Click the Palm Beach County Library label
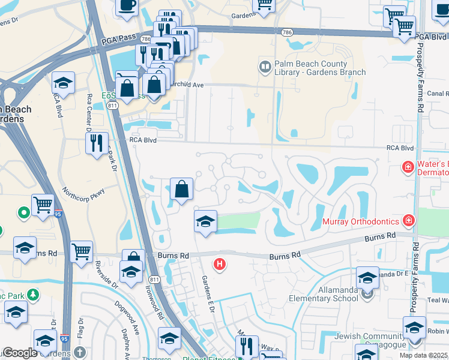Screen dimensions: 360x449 [311, 68]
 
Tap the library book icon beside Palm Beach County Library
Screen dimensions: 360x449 [264, 65]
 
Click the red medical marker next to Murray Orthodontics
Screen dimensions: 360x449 [409, 221]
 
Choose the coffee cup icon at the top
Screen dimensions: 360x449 [127, 5]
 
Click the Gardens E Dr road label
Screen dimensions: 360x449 [208, 293]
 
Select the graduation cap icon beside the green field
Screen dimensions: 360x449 [205, 221]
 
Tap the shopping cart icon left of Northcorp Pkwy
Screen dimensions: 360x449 [43, 205]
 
